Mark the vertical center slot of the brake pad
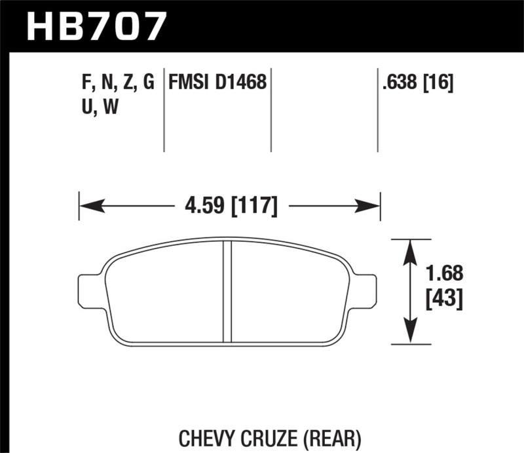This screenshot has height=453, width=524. pyautogui.click(x=228, y=292)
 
